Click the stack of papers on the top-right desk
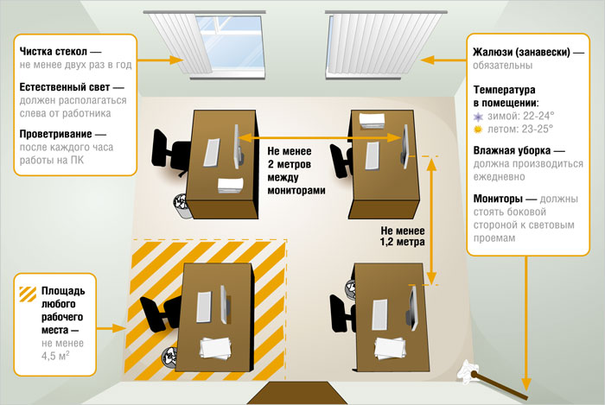[x=373, y=122]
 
